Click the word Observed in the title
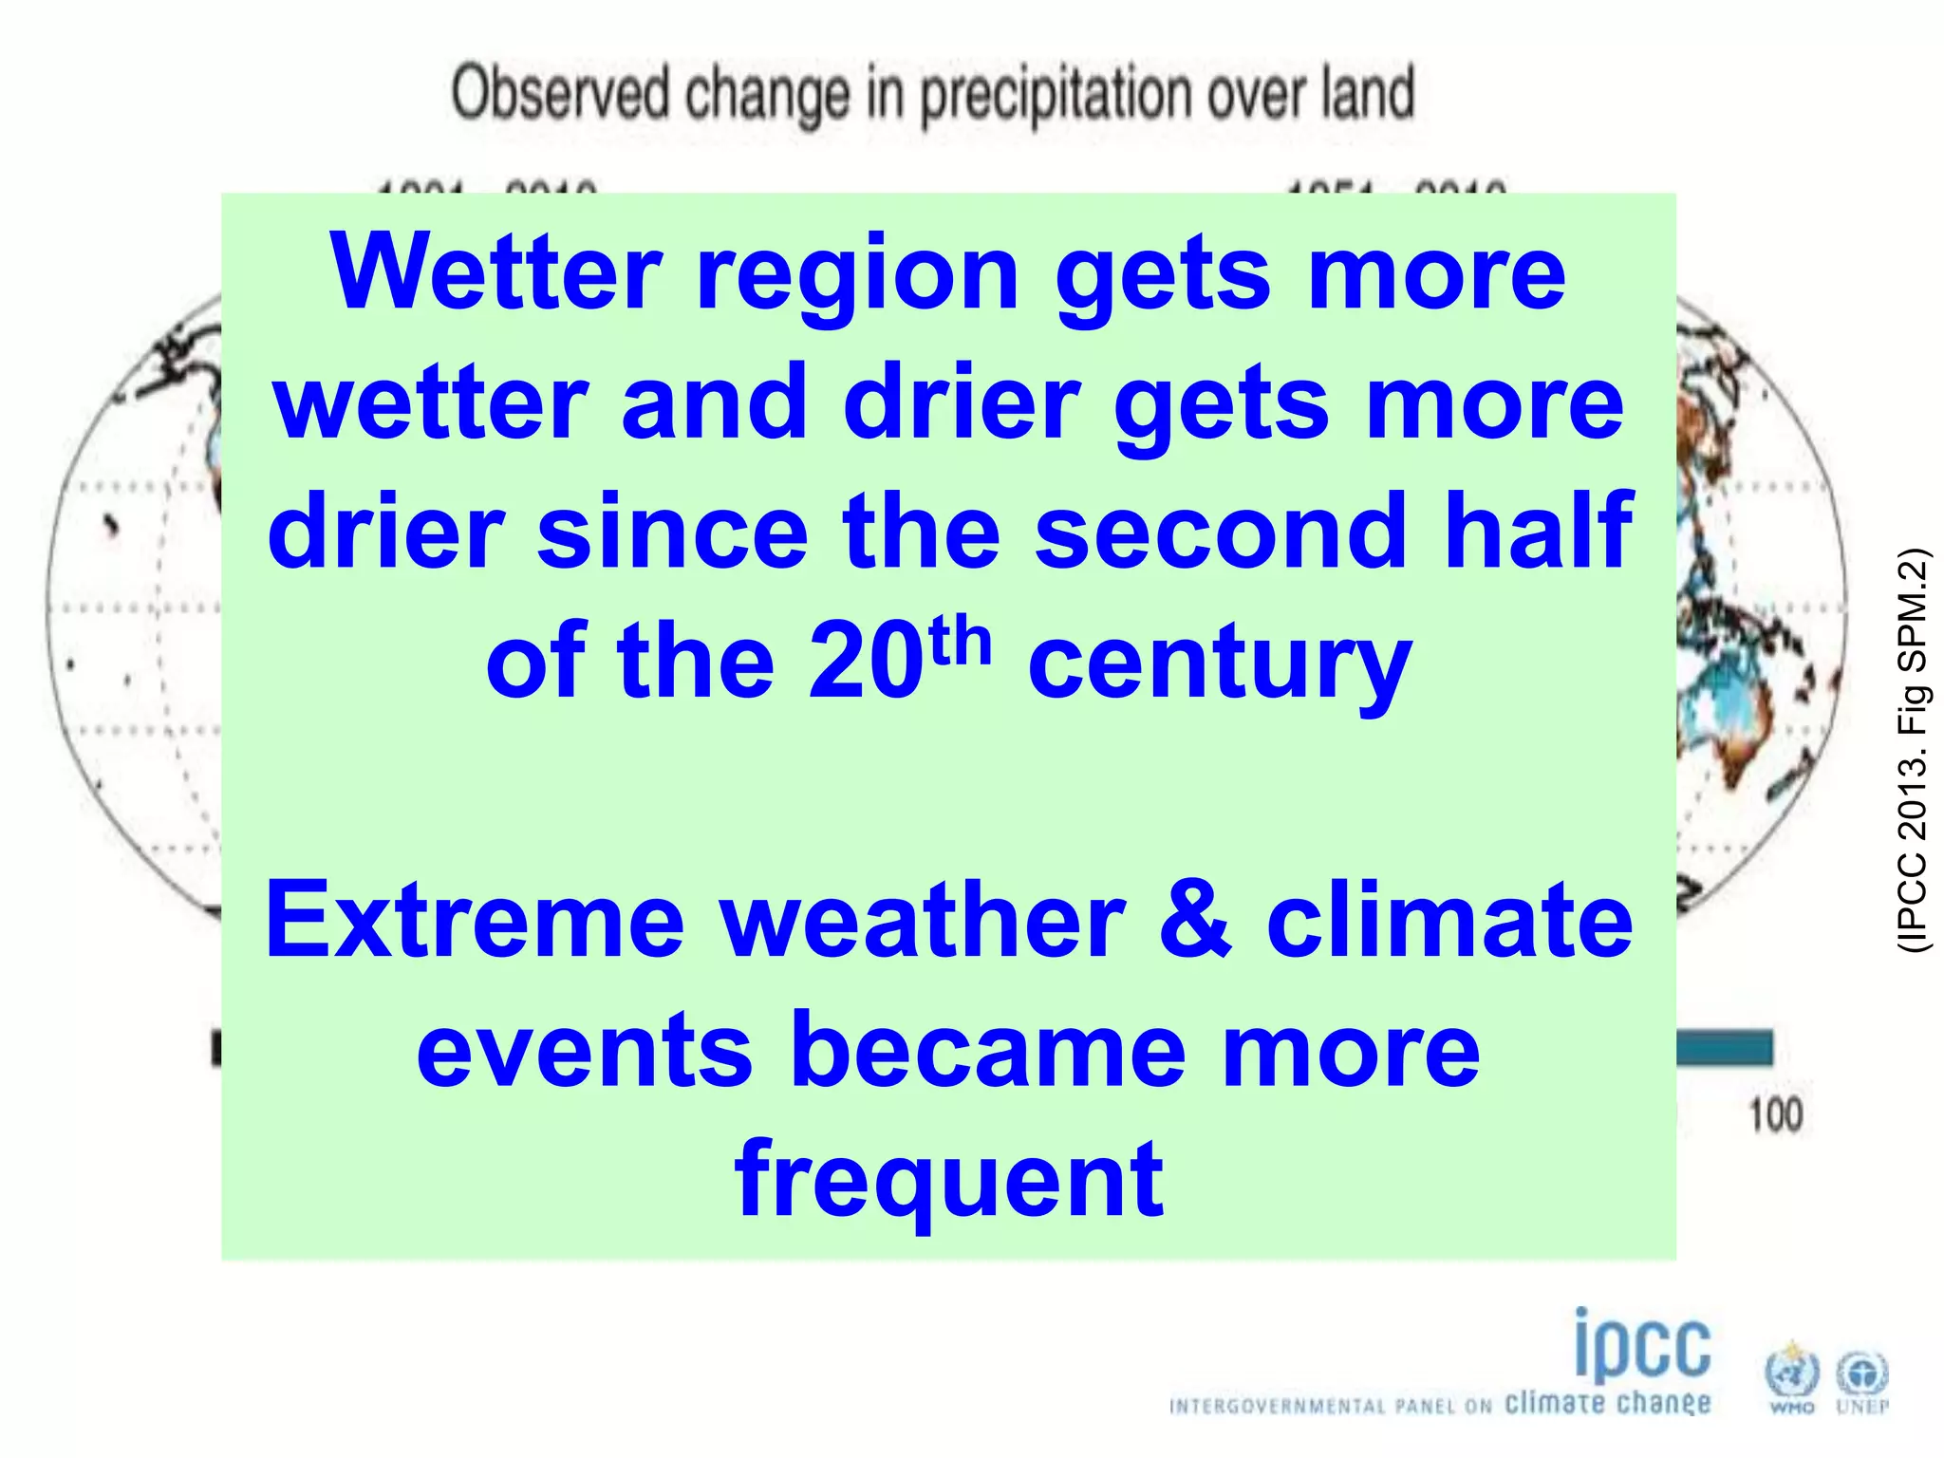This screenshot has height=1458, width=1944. tap(561, 95)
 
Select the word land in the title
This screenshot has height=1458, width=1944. tap(1367, 95)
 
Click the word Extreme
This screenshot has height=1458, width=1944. tap(475, 921)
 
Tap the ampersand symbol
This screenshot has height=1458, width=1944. tap(1195, 921)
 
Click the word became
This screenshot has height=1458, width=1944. tap(988, 1051)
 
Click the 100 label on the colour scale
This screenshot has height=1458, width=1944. tap(1775, 1114)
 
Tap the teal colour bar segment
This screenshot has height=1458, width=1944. tap(1724, 1048)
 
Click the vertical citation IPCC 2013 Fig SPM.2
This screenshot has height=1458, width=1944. tap(1912, 750)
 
